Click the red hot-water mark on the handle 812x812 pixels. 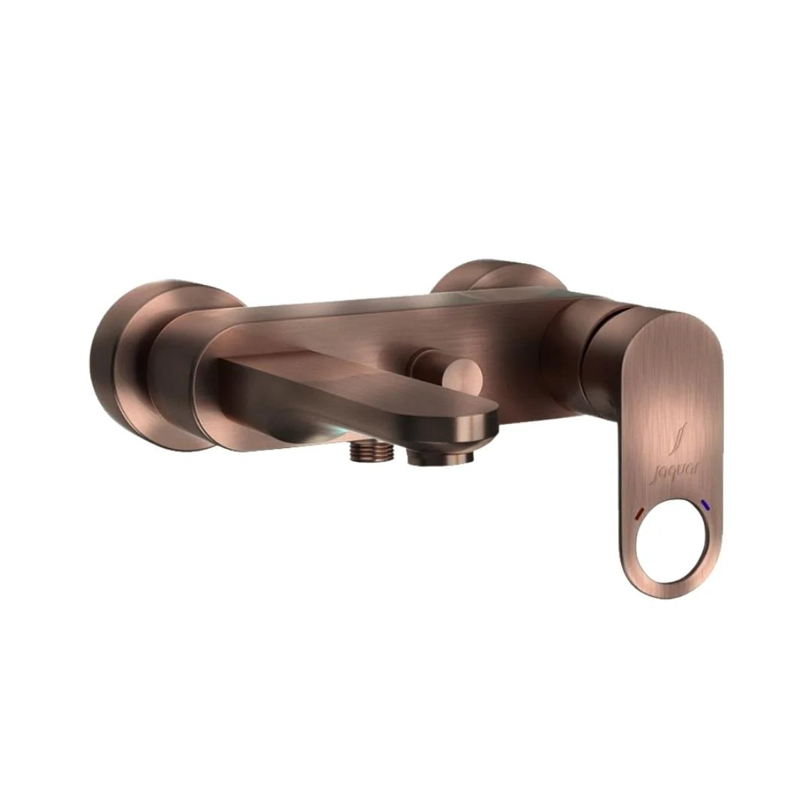[638, 514]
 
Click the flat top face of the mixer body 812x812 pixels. [391, 304]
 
